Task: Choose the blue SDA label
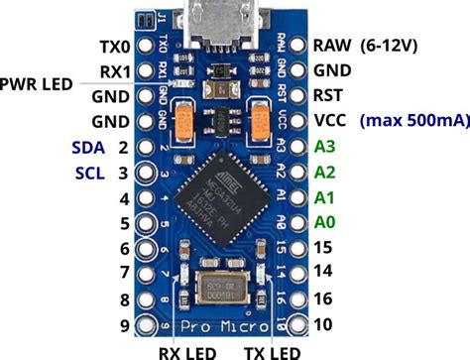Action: click(86, 147)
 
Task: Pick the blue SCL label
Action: click(86, 173)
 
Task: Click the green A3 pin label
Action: click(326, 147)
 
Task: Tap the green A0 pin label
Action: click(326, 222)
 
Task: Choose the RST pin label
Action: click(329, 96)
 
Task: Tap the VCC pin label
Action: click(331, 121)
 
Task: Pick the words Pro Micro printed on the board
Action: click(227, 325)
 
